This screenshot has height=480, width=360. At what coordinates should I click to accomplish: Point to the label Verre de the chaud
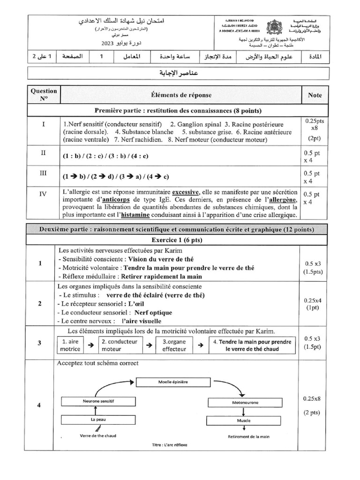[98, 436]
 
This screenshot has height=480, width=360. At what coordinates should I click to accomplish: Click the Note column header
[315, 95]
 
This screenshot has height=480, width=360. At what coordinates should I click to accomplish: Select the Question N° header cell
[44, 95]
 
